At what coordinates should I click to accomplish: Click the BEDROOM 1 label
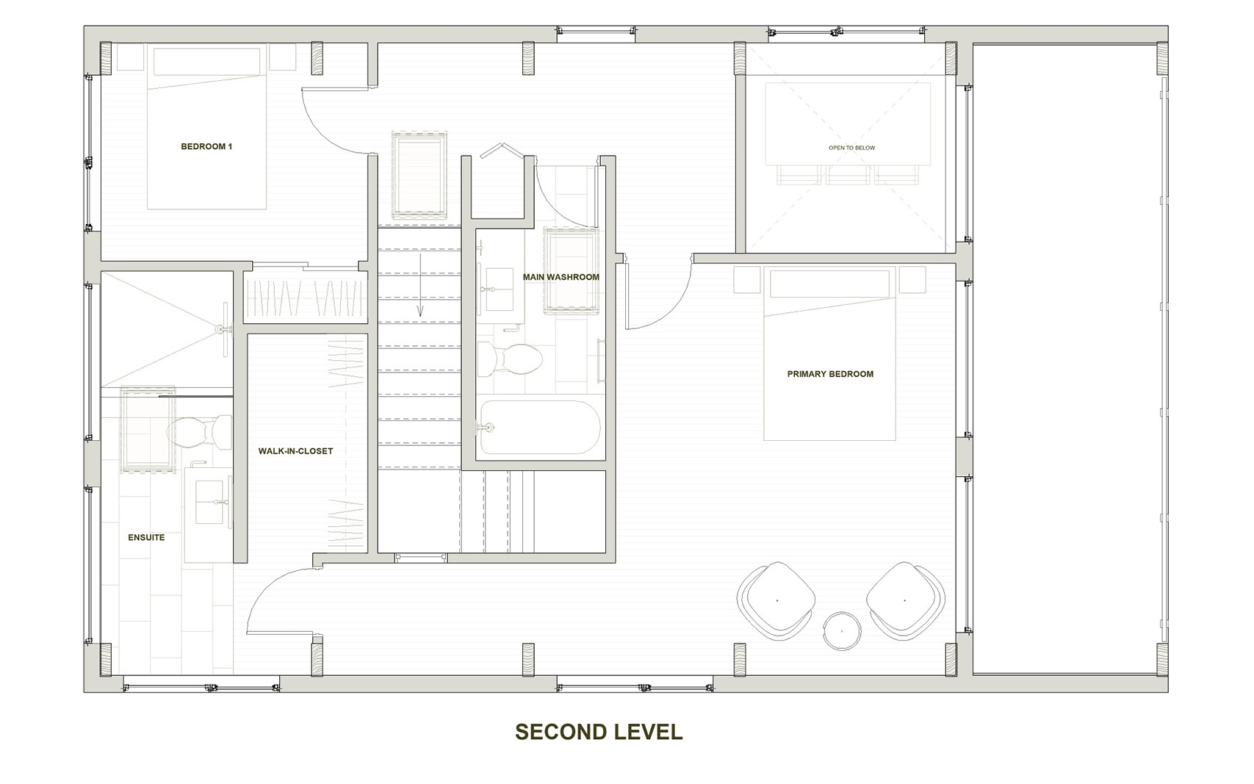(206, 147)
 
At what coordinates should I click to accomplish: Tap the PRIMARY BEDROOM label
(830, 374)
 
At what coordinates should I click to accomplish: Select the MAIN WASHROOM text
(561, 277)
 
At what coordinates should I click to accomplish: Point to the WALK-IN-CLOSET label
(295, 451)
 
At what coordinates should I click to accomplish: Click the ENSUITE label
(146, 538)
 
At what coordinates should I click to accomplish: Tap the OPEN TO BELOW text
(851, 148)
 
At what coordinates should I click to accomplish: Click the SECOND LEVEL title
(599, 732)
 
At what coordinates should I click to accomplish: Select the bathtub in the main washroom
(540, 428)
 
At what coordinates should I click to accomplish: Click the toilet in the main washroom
(509, 359)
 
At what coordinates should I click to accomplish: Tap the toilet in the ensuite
(199, 432)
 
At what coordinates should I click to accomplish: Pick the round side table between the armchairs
(841, 631)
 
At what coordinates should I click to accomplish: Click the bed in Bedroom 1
(206, 129)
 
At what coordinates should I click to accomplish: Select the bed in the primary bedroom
(829, 355)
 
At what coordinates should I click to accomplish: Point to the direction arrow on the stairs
(420, 285)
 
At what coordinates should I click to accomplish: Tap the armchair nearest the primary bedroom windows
(905, 601)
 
